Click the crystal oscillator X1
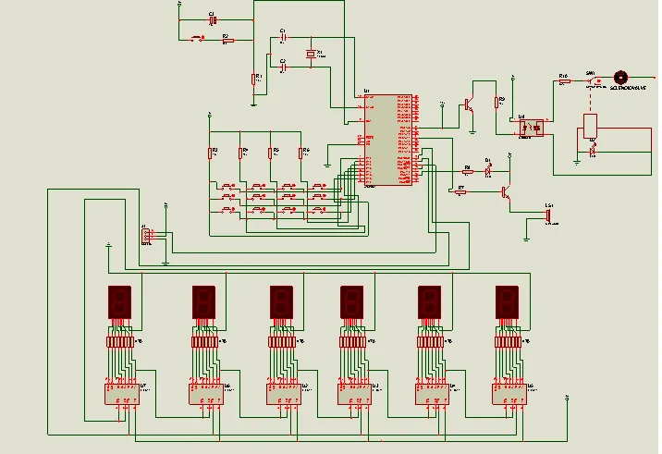[x=312, y=53]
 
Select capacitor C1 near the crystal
[x=284, y=36]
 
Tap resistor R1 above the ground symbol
[x=253, y=80]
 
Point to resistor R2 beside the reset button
[x=225, y=40]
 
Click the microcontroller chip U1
[x=386, y=140]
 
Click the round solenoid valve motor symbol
[x=620, y=78]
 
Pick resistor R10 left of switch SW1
[x=563, y=81]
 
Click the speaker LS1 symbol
[x=550, y=214]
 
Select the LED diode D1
[x=489, y=169]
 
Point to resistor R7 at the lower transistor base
[x=462, y=192]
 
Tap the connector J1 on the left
[x=145, y=236]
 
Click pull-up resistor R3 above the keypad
[x=212, y=153]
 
